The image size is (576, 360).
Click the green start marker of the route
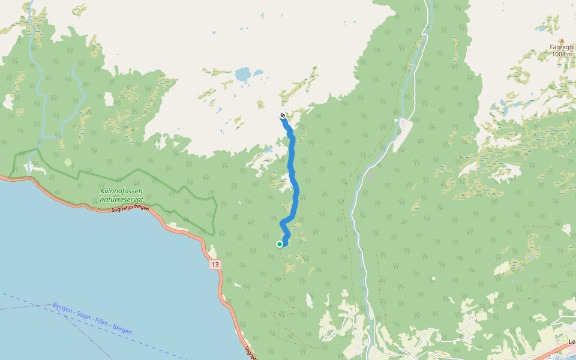point(280,244)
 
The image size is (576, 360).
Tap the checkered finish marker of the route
point(283,115)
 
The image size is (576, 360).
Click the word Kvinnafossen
point(122,191)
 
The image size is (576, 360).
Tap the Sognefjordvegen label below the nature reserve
point(130,208)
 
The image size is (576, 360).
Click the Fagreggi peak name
point(562,47)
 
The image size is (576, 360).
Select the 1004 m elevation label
point(563,54)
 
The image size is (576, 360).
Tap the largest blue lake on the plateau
point(243,75)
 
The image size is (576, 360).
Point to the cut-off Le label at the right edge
point(572,341)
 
